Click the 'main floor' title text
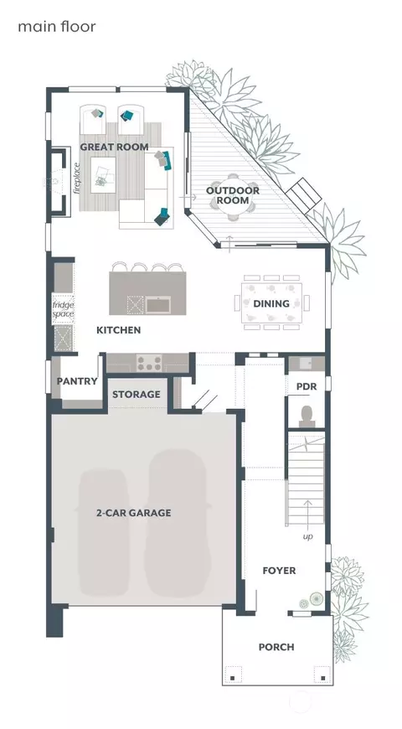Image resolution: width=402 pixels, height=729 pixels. click(57, 27)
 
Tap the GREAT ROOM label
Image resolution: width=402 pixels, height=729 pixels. click(115, 147)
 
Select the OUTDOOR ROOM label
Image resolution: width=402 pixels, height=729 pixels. click(232, 195)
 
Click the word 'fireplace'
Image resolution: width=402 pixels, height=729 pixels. click(77, 178)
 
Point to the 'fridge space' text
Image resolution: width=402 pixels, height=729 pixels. click(63, 310)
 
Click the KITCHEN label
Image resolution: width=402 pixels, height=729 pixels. click(119, 330)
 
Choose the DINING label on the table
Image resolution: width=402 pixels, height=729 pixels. click(271, 303)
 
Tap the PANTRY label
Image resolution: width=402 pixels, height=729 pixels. click(77, 381)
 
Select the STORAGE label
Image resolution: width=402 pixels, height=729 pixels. click(137, 395)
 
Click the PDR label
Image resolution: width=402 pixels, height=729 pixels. click(307, 387)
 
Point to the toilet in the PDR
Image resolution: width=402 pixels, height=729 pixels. click(307, 416)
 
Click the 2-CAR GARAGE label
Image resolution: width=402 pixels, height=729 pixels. click(134, 513)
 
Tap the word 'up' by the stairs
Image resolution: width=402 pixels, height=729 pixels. click(307, 537)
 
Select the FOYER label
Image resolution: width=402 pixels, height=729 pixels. click(279, 571)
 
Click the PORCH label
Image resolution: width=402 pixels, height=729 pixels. click(276, 647)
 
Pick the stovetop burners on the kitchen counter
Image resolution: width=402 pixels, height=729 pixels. click(149, 363)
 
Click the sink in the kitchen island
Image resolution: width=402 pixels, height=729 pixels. click(158, 304)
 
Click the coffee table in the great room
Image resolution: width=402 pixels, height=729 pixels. click(103, 174)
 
